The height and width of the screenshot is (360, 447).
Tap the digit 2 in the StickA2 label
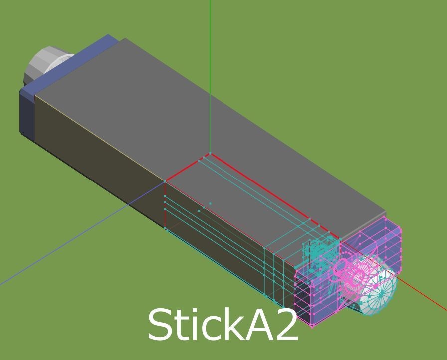[286, 325]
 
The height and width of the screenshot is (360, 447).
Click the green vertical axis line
[210, 75]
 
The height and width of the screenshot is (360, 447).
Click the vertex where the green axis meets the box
[210, 153]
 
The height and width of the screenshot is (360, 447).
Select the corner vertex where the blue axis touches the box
[165, 181]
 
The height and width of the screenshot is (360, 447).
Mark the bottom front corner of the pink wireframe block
[312, 327]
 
